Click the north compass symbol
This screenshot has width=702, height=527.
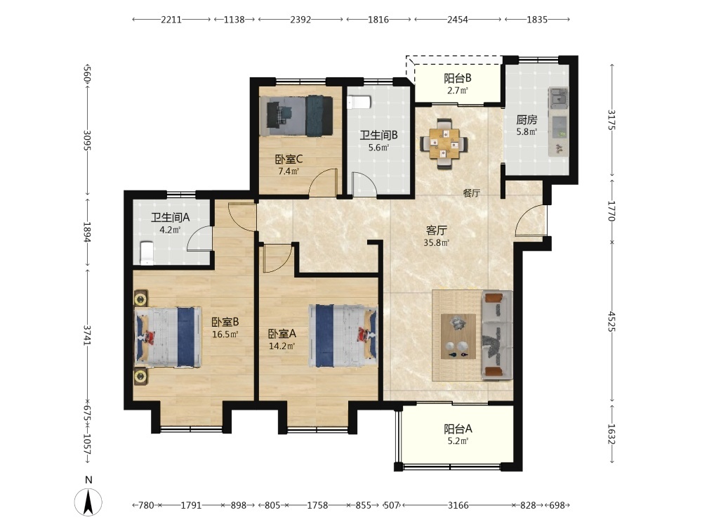[x=88, y=502]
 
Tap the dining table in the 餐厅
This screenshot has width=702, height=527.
[x=444, y=143]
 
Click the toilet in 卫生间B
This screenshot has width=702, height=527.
[x=359, y=103]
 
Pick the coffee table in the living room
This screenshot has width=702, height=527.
[x=458, y=336]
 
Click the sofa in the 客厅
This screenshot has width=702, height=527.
[x=497, y=334]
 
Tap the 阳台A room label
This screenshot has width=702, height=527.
[x=458, y=429]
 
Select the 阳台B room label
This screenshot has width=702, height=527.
[x=457, y=79]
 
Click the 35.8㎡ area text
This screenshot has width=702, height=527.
[x=436, y=243]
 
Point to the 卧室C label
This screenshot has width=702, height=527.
[x=289, y=159]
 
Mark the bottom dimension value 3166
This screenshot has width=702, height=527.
[x=458, y=505]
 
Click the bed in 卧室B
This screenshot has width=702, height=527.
[x=168, y=337]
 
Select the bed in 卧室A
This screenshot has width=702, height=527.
[x=343, y=336]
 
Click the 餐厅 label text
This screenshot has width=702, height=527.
[x=472, y=193]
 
